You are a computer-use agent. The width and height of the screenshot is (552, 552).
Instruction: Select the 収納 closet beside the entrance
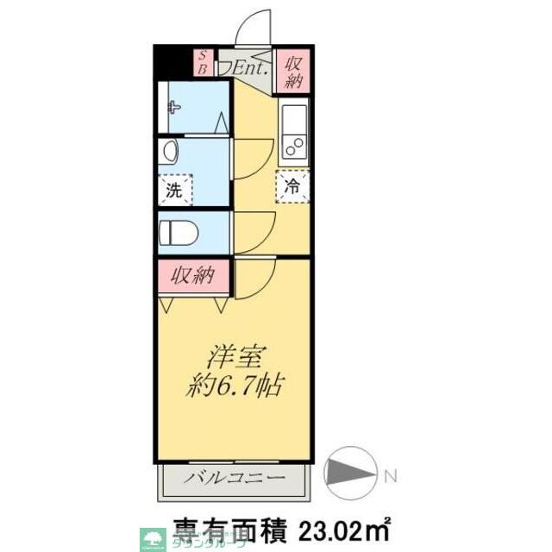pyautogui.click(x=293, y=69)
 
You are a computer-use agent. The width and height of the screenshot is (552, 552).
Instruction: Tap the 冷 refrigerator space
pyautogui.click(x=293, y=185)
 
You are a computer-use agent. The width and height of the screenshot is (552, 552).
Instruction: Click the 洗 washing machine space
pyautogui.click(x=175, y=190)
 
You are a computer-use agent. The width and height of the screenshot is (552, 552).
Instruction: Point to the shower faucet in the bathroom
pyautogui.click(x=174, y=108)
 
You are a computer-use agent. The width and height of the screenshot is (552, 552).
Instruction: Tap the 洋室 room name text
pyautogui.click(x=234, y=355)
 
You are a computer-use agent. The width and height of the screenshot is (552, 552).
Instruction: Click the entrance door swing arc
pyautogui.click(x=253, y=26)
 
